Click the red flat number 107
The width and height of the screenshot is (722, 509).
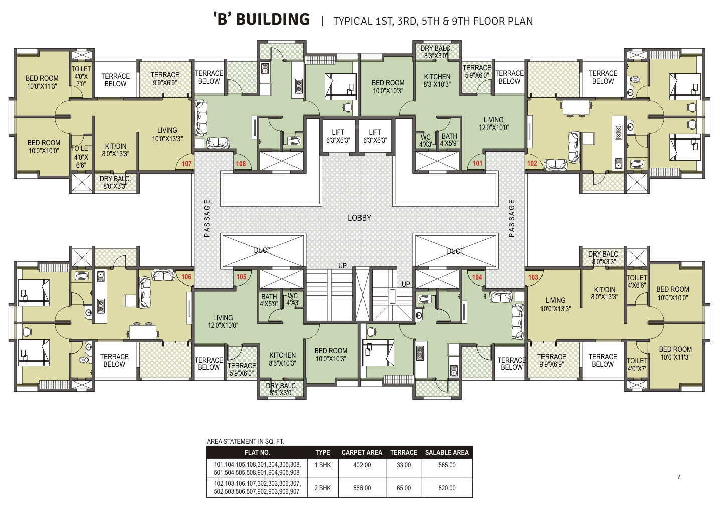(187, 164)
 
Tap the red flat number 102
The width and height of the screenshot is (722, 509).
(532, 163)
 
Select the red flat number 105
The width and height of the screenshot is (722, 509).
(241, 277)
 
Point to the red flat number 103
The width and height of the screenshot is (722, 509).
(533, 277)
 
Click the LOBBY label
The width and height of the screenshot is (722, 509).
(359, 218)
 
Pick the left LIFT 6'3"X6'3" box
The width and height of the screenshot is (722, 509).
(338, 136)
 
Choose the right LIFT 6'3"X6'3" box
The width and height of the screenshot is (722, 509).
(375, 136)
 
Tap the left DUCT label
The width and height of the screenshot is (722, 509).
(262, 250)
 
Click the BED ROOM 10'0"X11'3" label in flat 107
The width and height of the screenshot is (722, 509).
(42, 82)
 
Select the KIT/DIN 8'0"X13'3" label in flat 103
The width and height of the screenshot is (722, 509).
(604, 293)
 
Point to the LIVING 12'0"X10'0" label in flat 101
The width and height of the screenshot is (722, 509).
(493, 123)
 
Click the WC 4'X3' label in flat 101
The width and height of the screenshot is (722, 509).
(425, 141)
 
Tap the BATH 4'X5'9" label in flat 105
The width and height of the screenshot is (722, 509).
(269, 300)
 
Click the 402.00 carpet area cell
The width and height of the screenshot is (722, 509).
(362, 465)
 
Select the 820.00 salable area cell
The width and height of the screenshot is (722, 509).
(447, 488)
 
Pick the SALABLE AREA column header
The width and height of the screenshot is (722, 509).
(447, 452)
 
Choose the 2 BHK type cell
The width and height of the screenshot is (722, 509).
(323, 488)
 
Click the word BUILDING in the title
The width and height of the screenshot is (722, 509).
(273, 19)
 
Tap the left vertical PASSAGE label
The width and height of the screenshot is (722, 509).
(207, 218)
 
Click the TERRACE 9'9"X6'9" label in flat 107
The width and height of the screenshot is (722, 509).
(165, 79)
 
